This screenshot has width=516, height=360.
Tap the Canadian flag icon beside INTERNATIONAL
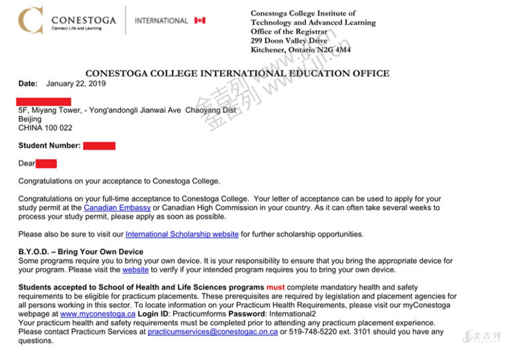coord(200,21)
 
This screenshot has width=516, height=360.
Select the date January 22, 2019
coord(76,84)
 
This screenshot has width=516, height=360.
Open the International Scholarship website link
coord(182,234)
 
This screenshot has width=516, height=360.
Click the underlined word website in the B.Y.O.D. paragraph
coord(135,270)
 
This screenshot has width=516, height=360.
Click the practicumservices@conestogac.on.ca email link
coord(212,332)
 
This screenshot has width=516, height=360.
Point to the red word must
coord(276,287)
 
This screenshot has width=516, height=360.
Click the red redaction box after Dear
coord(46,164)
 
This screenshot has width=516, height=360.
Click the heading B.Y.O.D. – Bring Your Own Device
coord(81,252)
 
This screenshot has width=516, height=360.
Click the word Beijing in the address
coord(30,119)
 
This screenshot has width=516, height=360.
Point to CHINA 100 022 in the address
coord(45,128)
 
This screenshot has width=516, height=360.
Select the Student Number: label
coord(49,146)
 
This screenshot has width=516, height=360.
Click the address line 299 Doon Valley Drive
coord(289,41)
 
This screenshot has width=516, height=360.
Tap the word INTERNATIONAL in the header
coord(161,21)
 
